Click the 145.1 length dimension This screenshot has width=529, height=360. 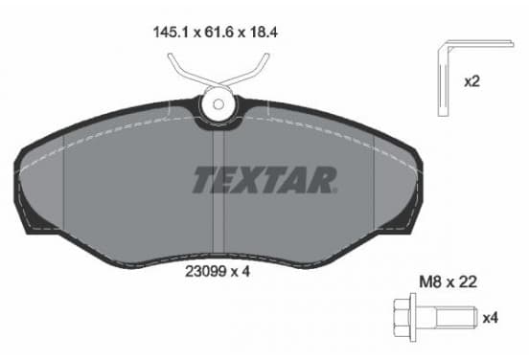[172, 33]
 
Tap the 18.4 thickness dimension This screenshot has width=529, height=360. [264, 33]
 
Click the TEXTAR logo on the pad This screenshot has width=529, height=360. [264, 180]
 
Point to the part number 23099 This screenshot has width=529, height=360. [205, 271]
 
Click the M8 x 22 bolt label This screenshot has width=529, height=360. [448, 281]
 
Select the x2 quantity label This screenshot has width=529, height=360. [472, 81]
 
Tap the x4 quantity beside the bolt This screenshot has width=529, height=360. [491, 318]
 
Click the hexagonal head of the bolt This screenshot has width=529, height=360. [402, 318]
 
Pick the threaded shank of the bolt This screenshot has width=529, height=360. [456, 317]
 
